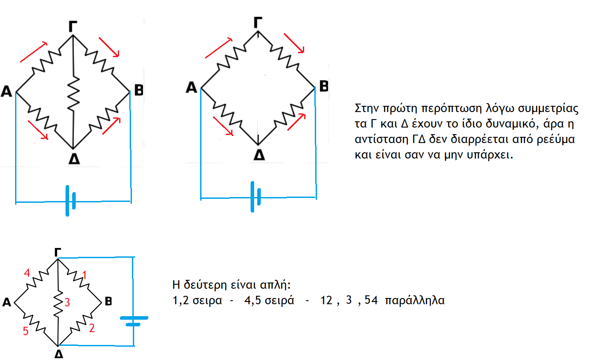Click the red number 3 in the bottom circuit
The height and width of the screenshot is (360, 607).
pos(67,303)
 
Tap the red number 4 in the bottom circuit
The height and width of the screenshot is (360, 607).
pos(27,274)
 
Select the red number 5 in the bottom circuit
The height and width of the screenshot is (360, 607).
pos(25,331)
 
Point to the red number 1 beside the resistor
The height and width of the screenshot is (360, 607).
pos(85,275)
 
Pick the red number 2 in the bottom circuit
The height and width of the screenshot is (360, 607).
pos(91,328)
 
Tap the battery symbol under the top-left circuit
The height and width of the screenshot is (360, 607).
pos(70,201)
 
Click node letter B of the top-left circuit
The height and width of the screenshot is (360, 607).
pos(139,91)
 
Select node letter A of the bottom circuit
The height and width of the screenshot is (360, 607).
pos(6,303)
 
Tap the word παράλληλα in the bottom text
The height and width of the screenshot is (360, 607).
pos(415,300)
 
